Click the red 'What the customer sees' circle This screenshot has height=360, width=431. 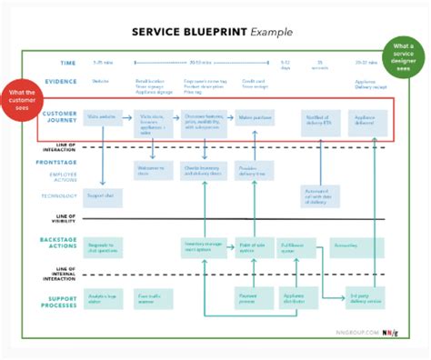click(x=23, y=100)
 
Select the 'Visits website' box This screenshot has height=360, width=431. click(x=102, y=119)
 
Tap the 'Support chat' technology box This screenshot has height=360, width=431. click(x=102, y=197)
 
